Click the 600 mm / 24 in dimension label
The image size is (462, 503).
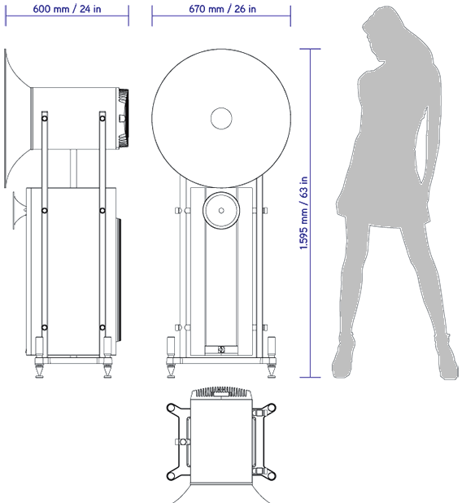click(67, 9)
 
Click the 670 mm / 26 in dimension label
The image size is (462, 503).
click(223, 9)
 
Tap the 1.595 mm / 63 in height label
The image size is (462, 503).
click(303, 213)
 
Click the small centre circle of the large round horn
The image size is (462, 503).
click(221, 118)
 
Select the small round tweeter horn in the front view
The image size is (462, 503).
click(221, 211)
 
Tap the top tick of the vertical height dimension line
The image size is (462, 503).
click(310, 49)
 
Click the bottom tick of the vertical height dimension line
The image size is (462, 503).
click(310, 377)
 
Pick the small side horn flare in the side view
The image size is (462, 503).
click(19, 211)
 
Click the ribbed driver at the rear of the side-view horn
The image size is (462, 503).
click(123, 118)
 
